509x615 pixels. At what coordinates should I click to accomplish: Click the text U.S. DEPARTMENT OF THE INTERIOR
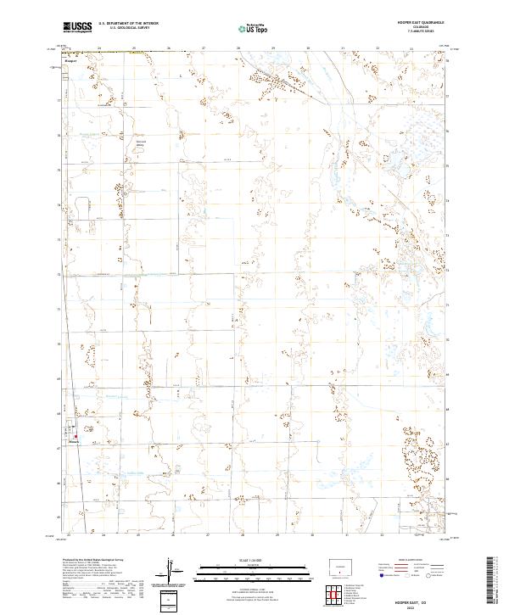pyautogui.click(x=128, y=25)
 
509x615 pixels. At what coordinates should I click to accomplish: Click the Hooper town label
pyautogui.click(x=70, y=61)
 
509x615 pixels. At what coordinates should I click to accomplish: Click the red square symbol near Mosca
pyautogui.click(x=74, y=437)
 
